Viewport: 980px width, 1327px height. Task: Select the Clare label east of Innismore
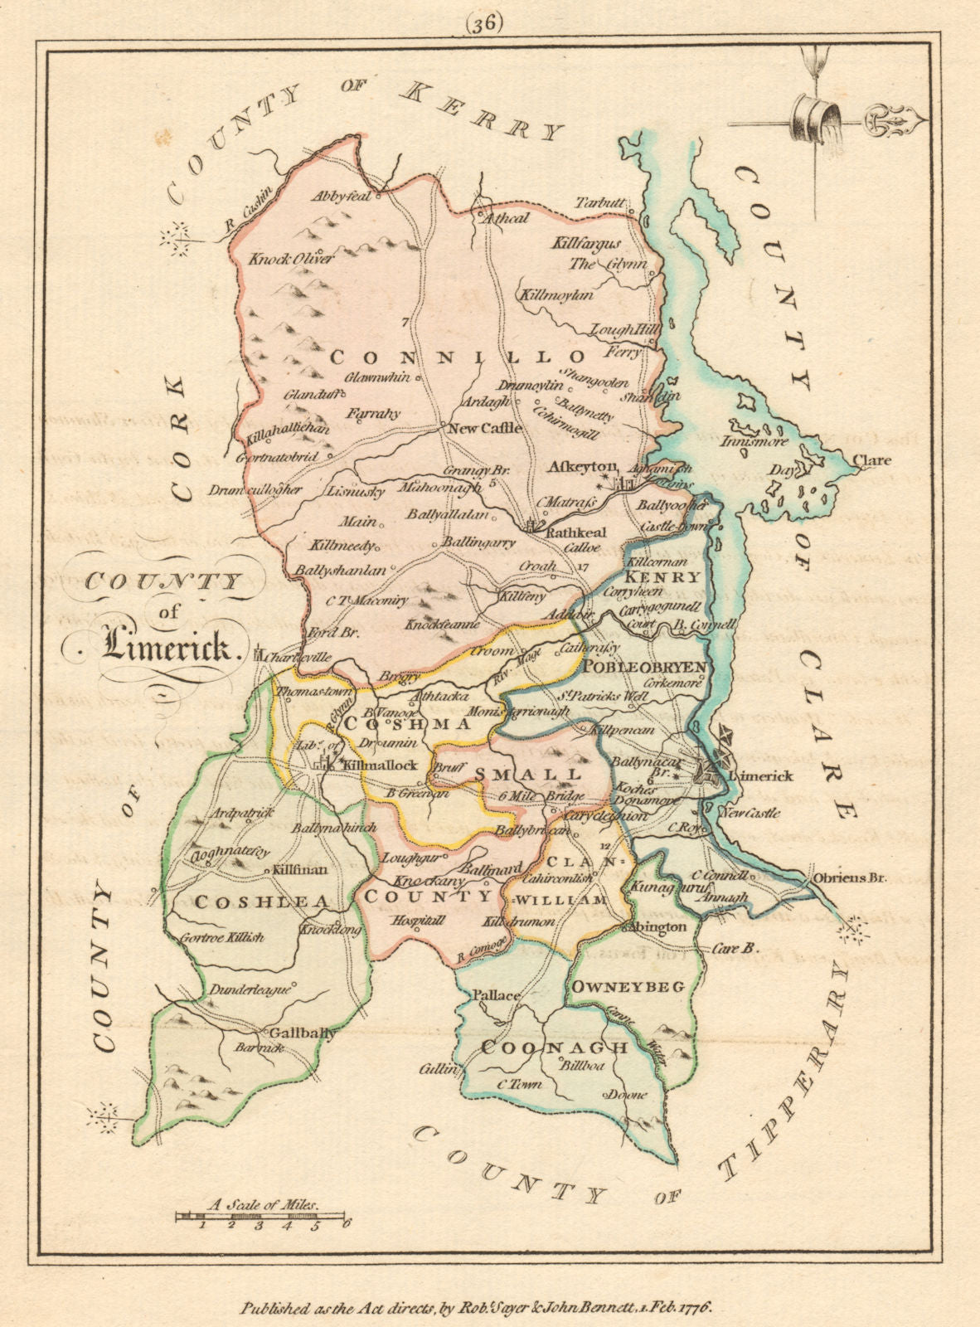pos(875,460)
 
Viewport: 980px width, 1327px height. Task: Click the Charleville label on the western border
pos(300,656)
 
